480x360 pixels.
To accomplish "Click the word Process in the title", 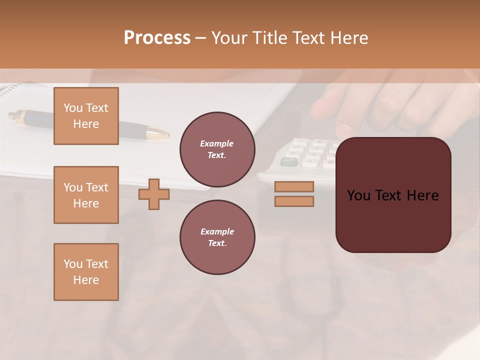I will click(157, 38).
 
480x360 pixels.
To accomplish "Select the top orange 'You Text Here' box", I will click(86, 116).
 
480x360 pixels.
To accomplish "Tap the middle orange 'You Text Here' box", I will click(86, 195).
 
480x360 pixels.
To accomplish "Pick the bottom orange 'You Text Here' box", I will click(86, 272).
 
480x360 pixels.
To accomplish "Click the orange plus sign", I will click(154, 194).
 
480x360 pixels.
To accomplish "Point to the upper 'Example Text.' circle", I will click(217, 149).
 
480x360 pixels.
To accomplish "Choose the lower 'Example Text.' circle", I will click(217, 237).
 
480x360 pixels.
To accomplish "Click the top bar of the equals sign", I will click(294, 187).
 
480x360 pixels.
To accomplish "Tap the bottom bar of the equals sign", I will click(294, 201).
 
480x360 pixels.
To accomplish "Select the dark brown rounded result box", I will click(393, 220).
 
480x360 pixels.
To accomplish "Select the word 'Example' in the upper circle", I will click(217, 144).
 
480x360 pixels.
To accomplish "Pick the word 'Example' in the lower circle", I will click(217, 231).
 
